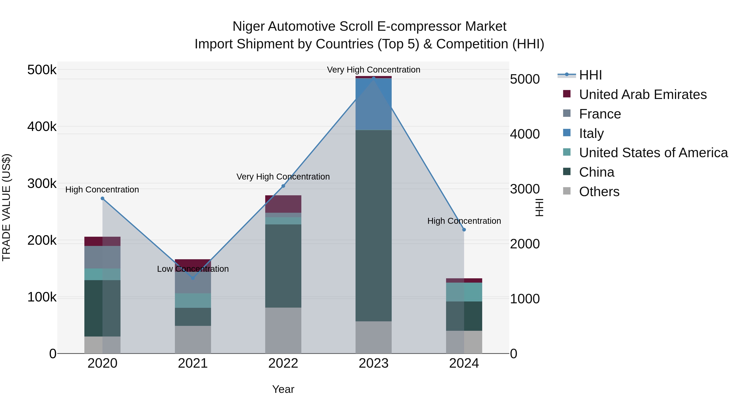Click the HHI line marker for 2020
[102, 198]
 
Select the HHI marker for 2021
[193, 278]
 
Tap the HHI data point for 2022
[283, 186]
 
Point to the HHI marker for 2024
[464, 230]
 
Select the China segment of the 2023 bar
[374, 225]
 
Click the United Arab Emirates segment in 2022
[283, 204]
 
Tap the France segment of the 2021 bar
[193, 283]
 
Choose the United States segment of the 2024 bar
[464, 292]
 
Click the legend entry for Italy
[591, 133]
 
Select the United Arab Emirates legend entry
[643, 94]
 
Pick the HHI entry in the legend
[590, 75]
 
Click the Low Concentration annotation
[193, 269]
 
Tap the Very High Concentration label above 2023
[374, 70]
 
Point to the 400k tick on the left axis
[42, 126]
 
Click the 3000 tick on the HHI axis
[524, 189]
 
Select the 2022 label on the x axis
[283, 363]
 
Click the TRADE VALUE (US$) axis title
[6, 207]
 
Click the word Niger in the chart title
[248, 26]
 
